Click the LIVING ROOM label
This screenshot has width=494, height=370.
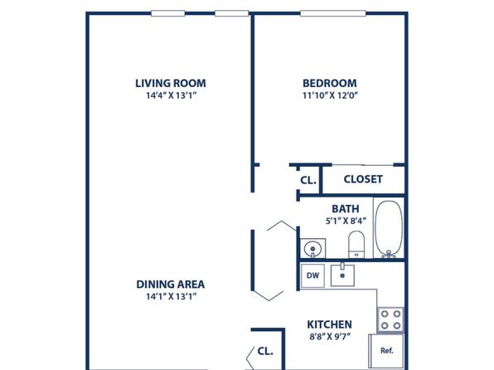pyautogui.click(x=171, y=83)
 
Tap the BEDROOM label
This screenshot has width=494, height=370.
pyautogui.click(x=330, y=83)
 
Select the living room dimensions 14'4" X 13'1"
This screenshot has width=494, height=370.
pyautogui.click(x=171, y=95)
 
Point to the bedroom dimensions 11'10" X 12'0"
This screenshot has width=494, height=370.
pyautogui.click(x=330, y=95)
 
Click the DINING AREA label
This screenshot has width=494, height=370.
pyautogui.click(x=171, y=285)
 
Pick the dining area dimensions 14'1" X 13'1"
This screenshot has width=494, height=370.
pyautogui.click(x=171, y=296)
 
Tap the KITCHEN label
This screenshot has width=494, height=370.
pyautogui.click(x=330, y=324)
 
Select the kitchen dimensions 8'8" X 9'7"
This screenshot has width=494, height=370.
pyautogui.click(x=330, y=337)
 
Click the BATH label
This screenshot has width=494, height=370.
pyautogui.click(x=346, y=209)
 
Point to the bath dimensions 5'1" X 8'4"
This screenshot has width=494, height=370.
pyautogui.click(x=346, y=221)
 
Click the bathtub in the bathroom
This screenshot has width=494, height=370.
pyautogui.click(x=389, y=229)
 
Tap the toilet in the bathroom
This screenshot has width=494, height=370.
pyautogui.click(x=356, y=245)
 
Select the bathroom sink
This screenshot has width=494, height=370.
pyautogui.click(x=312, y=249)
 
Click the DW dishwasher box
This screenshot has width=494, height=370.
pyautogui.click(x=312, y=275)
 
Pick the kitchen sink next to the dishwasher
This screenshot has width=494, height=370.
pyautogui.click(x=342, y=275)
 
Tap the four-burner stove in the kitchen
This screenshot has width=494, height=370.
pyautogui.click(x=390, y=319)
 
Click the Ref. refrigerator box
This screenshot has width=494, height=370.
pyautogui.click(x=386, y=350)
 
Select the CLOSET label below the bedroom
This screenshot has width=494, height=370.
pyautogui.click(x=363, y=179)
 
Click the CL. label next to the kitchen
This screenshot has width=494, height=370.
pyautogui.click(x=265, y=351)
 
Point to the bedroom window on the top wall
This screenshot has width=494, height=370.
pyautogui.click(x=333, y=13)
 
